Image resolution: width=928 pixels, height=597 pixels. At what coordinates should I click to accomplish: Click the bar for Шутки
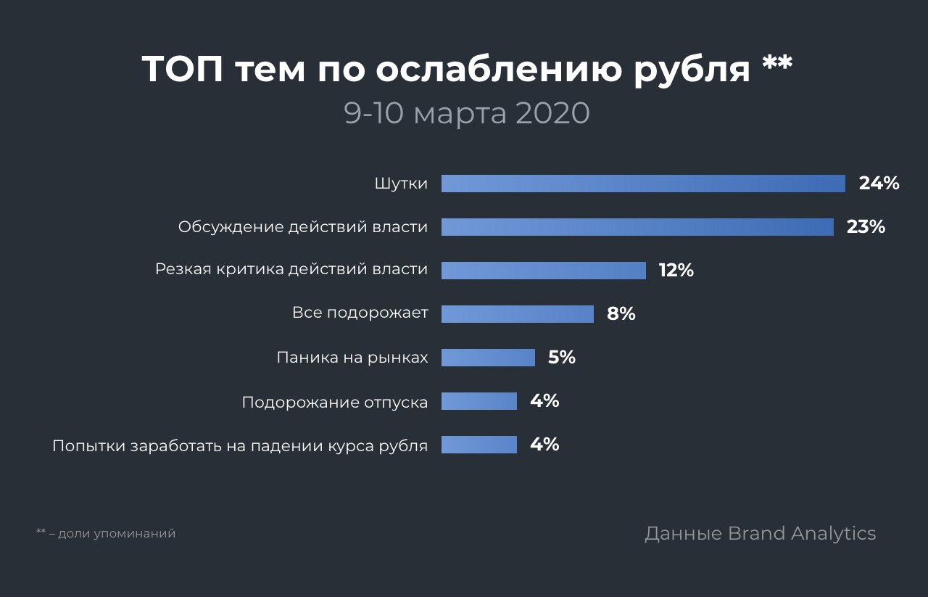(x=643, y=184)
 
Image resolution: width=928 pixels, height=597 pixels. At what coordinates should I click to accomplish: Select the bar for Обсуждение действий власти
(x=637, y=227)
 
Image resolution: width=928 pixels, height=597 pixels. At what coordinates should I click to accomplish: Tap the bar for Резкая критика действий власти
(x=543, y=271)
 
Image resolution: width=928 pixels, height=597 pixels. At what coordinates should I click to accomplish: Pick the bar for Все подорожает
(x=517, y=314)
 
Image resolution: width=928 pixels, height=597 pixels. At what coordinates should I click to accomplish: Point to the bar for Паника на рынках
(x=488, y=358)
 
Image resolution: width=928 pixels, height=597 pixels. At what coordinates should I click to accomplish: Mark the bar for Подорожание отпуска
(x=478, y=401)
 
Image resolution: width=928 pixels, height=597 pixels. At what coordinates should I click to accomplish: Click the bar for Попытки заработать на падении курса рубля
(x=478, y=445)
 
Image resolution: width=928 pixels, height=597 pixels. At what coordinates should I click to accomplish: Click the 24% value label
(x=879, y=184)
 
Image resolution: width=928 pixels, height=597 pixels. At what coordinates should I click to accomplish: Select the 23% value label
(x=866, y=227)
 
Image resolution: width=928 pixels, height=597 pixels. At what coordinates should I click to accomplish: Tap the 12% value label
(x=676, y=271)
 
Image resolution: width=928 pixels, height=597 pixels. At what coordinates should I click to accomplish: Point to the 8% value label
(x=621, y=314)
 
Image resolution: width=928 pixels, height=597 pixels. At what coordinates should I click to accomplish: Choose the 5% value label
(x=561, y=358)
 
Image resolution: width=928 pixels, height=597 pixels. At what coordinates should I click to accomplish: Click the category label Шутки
(x=401, y=184)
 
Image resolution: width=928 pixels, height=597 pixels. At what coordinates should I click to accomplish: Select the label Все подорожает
(x=360, y=314)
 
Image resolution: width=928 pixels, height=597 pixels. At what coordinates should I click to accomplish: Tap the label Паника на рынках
(x=352, y=358)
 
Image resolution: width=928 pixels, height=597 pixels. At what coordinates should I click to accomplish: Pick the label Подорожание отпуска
(x=335, y=402)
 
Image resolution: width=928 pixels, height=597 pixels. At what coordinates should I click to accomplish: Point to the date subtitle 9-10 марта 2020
(x=467, y=114)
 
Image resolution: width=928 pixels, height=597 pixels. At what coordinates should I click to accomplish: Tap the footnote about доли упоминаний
(x=106, y=534)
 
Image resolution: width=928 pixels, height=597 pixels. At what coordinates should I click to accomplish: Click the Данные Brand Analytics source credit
(x=760, y=534)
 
